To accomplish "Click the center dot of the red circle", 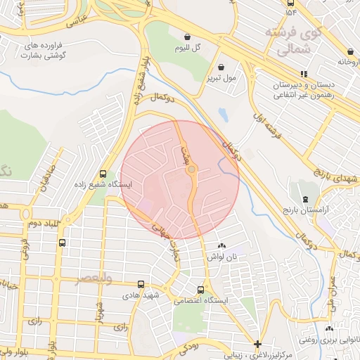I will click(191, 169).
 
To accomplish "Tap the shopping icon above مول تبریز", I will click(210, 67).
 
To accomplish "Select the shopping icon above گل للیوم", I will click(187, 37).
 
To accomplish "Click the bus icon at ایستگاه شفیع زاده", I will click(104, 174).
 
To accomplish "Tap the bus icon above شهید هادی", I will click(141, 285).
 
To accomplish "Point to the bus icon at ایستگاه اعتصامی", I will click(202, 290).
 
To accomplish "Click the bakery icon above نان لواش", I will click(222, 246).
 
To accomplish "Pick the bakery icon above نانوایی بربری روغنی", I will click(330, 328).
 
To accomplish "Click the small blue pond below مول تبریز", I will click(223, 113).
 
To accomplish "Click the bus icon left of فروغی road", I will click(63, 243).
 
